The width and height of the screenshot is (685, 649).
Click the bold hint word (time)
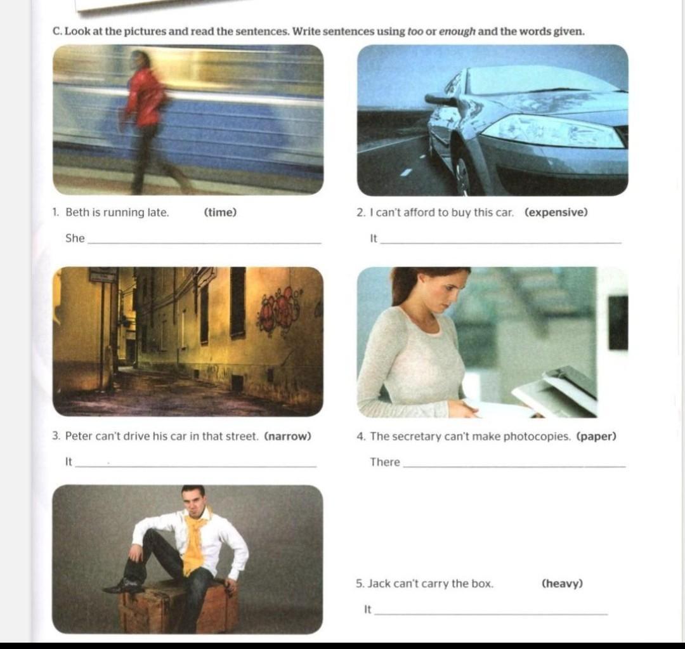click(220, 213)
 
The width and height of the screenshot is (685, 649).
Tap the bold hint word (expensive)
click(556, 213)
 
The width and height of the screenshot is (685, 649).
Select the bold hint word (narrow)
click(288, 436)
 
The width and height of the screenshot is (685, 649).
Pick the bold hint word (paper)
click(596, 436)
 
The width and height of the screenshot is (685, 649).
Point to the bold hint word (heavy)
click(562, 584)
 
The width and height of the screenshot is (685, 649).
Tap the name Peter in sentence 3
click(79, 436)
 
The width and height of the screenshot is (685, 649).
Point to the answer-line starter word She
click(75, 238)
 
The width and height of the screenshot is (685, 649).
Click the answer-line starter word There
click(385, 462)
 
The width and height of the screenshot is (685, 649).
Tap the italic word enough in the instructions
click(457, 32)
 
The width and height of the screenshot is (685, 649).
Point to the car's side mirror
click(441, 100)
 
